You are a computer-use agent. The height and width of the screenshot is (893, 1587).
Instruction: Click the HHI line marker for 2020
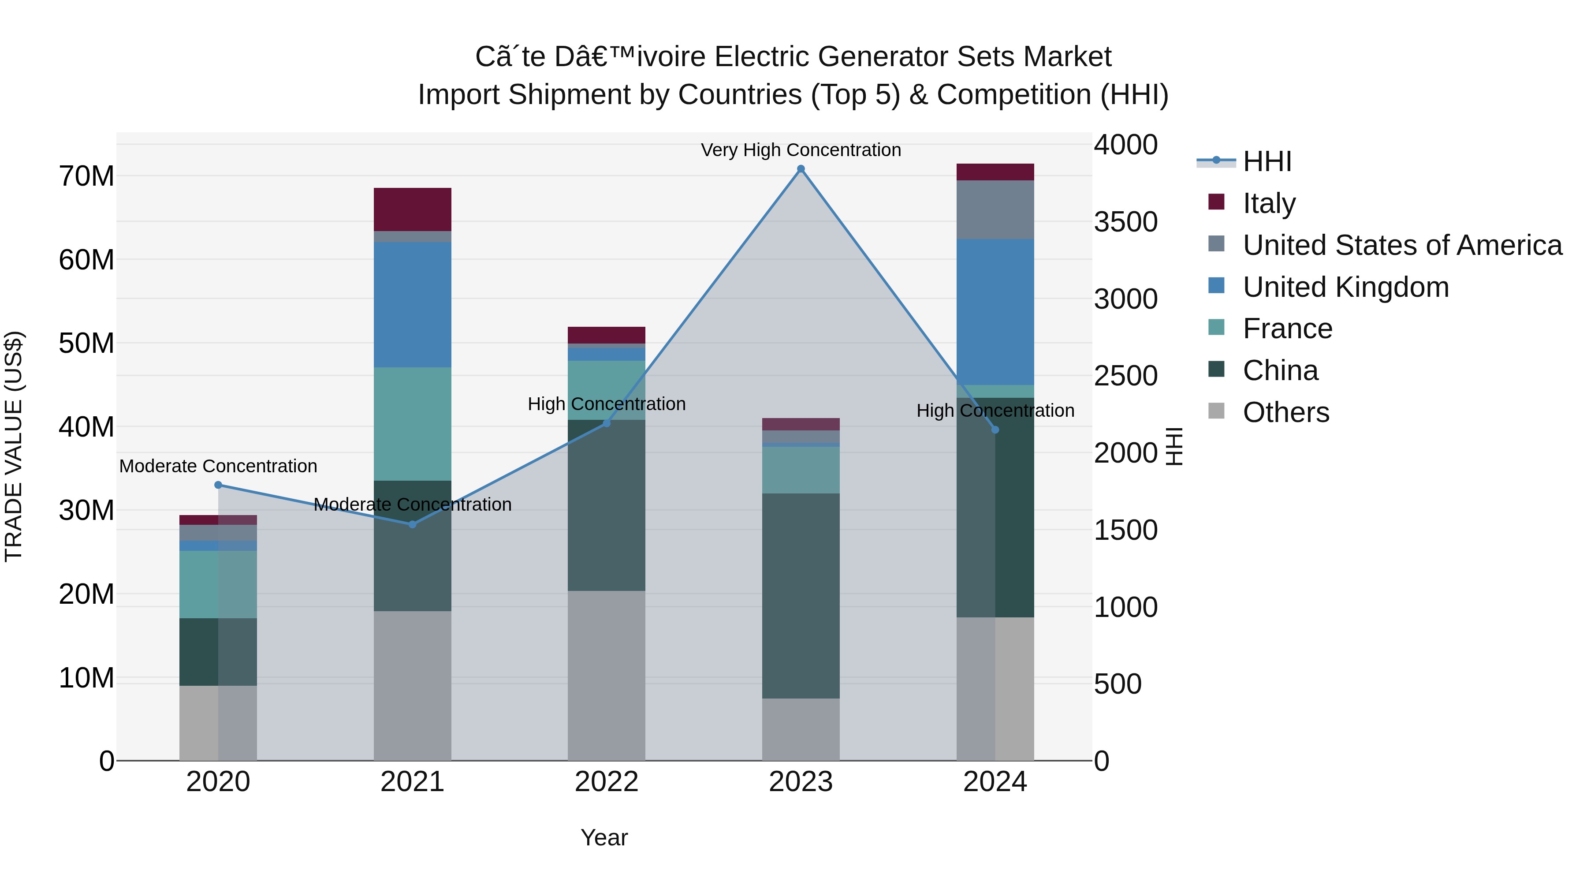coord(218,485)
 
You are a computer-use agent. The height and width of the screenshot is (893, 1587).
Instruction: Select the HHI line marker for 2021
coord(413,524)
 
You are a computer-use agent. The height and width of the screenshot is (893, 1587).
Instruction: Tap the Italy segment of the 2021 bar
coord(412,209)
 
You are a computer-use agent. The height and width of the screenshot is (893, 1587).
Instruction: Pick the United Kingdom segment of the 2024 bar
coord(995,312)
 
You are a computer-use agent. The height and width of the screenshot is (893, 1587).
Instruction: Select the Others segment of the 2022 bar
coord(606,676)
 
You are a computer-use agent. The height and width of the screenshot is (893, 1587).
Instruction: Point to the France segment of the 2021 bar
coord(412,424)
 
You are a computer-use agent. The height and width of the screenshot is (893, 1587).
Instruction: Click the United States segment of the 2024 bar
coord(995,209)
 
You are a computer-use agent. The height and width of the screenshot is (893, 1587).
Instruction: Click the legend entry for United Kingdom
coord(1345,287)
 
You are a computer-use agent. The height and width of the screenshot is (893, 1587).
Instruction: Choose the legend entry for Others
coord(1286,412)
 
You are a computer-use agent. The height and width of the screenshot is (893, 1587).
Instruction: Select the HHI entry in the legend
coord(1267,161)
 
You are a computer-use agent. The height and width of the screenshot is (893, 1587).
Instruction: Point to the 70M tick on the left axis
coord(86,176)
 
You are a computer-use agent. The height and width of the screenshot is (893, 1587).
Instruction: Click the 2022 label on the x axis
coord(606,782)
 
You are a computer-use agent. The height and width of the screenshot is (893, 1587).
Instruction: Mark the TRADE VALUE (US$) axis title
coord(14,446)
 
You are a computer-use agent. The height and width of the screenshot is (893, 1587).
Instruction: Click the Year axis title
coord(604,837)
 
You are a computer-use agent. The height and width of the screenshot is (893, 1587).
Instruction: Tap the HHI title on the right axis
coord(1175,446)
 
